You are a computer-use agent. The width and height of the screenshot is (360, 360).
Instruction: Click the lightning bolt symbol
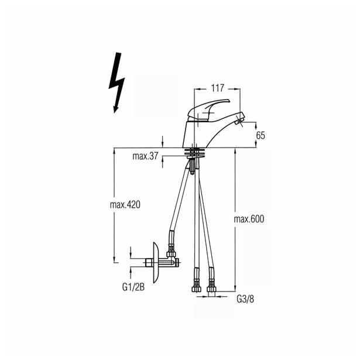pos(117,83)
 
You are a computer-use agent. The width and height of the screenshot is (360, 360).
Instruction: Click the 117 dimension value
pos(217,88)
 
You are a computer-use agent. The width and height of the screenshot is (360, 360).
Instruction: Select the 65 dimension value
pos(260,135)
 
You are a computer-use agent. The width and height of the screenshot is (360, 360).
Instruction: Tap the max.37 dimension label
pos(145,156)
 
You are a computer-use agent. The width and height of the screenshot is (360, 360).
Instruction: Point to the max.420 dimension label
pos(125,204)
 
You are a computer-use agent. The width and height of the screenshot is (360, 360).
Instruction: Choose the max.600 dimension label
pos(249,219)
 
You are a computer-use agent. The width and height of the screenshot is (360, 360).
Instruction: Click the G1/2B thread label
pos(133,287)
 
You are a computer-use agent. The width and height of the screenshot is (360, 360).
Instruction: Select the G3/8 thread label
pos(245,299)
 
